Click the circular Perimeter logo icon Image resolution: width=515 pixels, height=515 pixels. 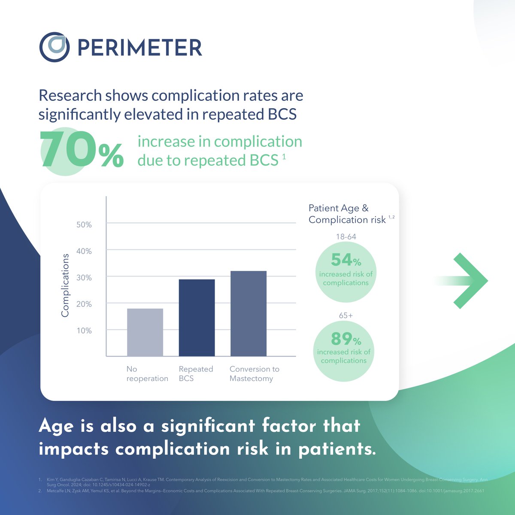(54, 47)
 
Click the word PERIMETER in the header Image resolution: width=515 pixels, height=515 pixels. (139, 48)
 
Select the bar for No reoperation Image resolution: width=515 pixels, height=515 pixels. (145, 332)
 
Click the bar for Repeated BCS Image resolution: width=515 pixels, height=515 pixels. (197, 318)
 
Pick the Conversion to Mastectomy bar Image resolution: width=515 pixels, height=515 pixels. (248, 313)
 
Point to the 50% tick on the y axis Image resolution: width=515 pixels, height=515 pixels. (84, 225)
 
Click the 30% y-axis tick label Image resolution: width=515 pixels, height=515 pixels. (84, 278)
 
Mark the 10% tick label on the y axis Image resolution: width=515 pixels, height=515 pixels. (84, 331)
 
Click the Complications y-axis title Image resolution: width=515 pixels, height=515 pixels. (65, 285)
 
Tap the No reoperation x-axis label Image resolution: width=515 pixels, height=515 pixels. (147, 374)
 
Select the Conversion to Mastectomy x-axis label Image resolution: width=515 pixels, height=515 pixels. (254, 374)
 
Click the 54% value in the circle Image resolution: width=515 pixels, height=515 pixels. (346, 260)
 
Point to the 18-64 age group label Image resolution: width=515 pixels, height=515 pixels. (346, 236)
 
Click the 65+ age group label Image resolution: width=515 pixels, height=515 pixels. (346, 315)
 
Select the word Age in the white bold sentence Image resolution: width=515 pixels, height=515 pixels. (57, 427)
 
